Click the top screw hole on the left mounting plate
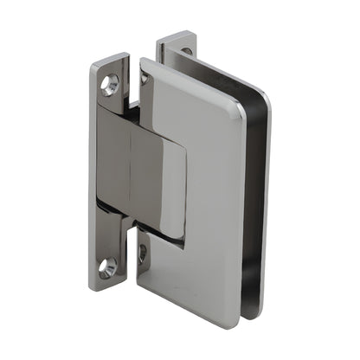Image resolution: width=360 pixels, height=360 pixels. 109,83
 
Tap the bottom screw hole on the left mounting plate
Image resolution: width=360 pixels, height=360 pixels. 107,267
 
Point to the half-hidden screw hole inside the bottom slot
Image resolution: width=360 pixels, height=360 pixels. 143,254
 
